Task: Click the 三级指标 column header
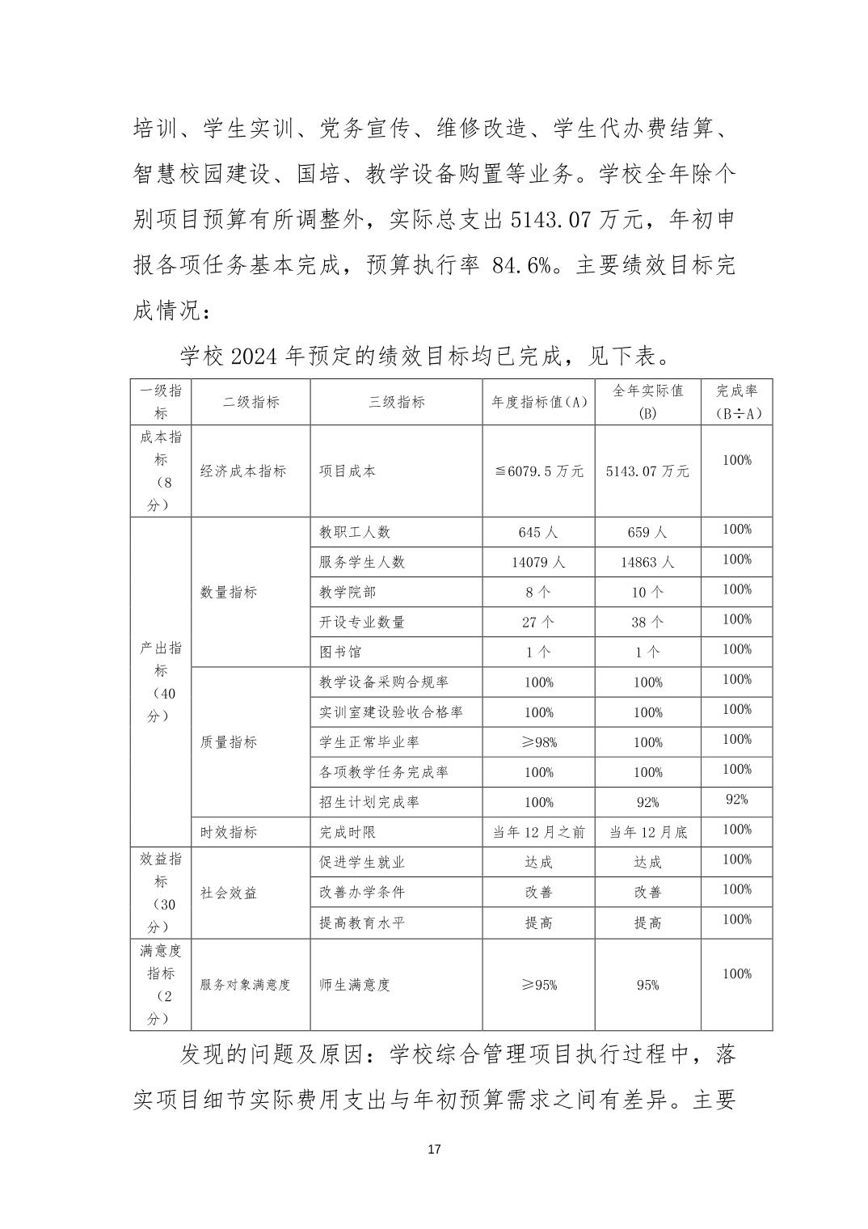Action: tap(397, 402)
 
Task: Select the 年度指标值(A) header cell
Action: tap(539, 402)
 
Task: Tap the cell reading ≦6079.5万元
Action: tap(539, 471)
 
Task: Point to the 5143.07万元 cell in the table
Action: tap(647, 471)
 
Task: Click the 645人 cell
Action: tap(539, 533)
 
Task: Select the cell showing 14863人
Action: tap(647, 563)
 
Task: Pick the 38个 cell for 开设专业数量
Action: tap(647, 623)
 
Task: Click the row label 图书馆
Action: tap(340, 652)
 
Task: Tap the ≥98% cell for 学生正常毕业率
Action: tap(539, 742)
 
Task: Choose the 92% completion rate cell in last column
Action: tap(736, 800)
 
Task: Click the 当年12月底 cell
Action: tap(647, 832)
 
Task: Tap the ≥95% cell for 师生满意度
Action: tap(539, 985)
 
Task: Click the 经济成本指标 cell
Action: tap(243, 471)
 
